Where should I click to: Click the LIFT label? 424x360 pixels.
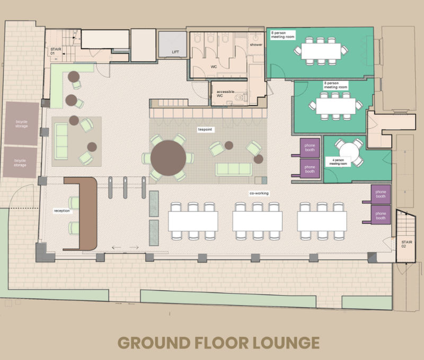pyautogui.click(x=175, y=52)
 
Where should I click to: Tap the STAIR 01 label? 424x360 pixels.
pyautogui.click(x=56, y=51)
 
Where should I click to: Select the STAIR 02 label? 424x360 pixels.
pyautogui.click(x=407, y=244)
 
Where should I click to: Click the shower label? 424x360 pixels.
pyautogui.click(x=256, y=44)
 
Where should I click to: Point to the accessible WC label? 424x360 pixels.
pyautogui.click(x=225, y=94)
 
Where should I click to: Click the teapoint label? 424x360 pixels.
pyautogui.click(x=205, y=130)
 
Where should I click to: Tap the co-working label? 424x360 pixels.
pyautogui.click(x=259, y=193)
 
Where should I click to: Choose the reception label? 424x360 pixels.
pyautogui.click(x=62, y=211)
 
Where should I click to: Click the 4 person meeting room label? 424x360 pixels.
pyautogui.click(x=338, y=162)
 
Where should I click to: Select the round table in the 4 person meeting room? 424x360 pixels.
pyautogui.click(x=349, y=152)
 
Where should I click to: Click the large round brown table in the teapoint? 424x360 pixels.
pyautogui.click(x=168, y=158)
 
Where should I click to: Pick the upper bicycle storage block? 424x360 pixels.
pyautogui.click(x=22, y=123)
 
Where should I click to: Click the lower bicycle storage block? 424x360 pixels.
pyautogui.click(x=20, y=163)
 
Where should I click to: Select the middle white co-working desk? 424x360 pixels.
pyautogui.click(x=257, y=221)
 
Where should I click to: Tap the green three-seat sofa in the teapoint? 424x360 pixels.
pyautogui.click(x=234, y=169)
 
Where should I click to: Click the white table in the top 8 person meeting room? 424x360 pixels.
pyautogui.click(x=321, y=51)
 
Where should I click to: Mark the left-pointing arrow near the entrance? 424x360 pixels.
pyautogui.click(x=117, y=247)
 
